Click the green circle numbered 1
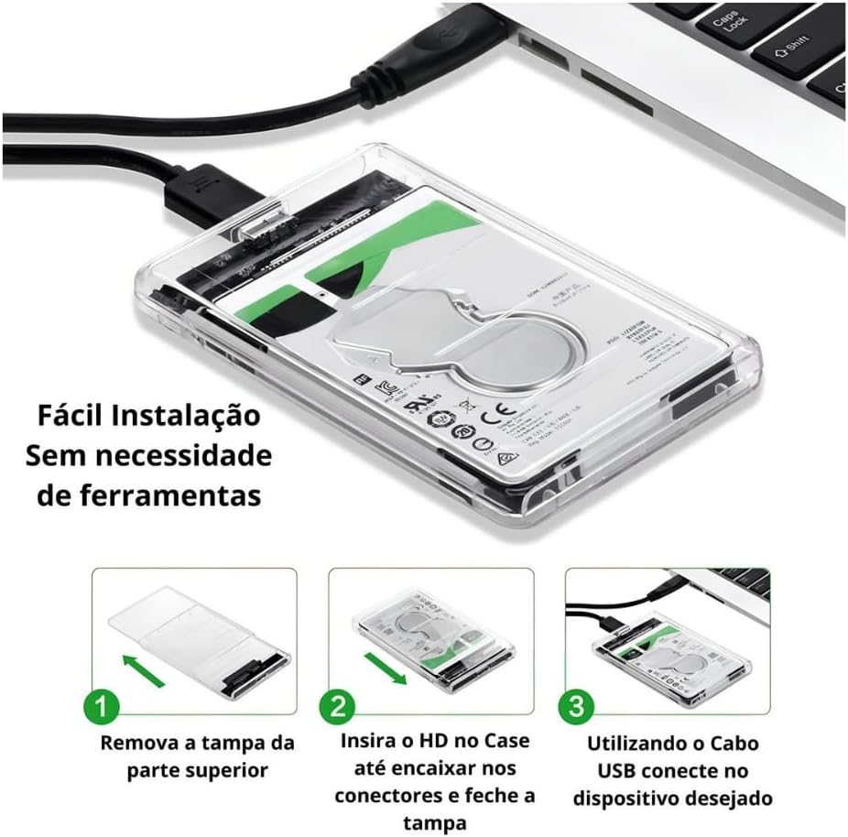point(105,707)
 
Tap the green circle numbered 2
point(337,707)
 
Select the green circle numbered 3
point(576,707)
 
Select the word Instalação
point(194,416)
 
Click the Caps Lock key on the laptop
point(727,19)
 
